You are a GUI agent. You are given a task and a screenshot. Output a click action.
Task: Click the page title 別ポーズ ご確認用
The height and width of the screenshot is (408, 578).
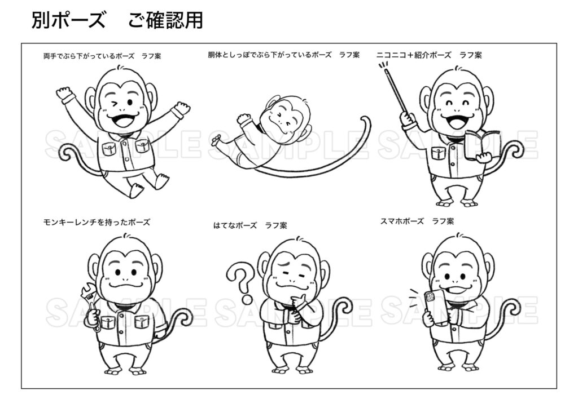[117, 21]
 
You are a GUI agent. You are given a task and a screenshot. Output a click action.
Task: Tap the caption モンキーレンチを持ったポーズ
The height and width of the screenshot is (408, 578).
[97, 222]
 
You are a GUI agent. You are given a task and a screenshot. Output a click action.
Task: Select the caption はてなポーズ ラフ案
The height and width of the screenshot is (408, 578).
[250, 225]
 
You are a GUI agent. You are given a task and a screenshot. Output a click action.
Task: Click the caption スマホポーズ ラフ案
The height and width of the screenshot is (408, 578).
[417, 221]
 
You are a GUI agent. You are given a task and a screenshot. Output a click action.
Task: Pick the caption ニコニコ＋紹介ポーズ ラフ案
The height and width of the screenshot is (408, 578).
[429, 55]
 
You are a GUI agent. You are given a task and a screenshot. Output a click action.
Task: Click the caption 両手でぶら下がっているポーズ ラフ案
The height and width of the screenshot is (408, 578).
[102, 56]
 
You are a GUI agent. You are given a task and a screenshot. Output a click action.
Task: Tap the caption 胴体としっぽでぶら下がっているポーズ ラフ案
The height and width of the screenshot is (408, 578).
[283, 55]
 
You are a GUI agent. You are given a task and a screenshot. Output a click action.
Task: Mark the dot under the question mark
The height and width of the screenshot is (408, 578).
[247, 299]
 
